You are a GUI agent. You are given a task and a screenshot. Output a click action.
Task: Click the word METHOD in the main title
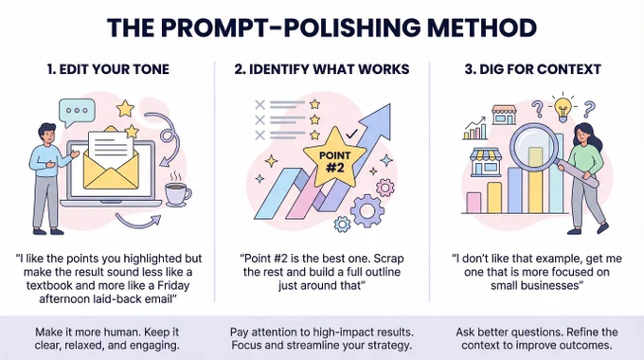tap(482, 27)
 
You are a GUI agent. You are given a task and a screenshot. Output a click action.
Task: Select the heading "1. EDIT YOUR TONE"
tap(108, 69)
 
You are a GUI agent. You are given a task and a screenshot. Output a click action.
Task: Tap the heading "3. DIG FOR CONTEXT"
tap(532, 69)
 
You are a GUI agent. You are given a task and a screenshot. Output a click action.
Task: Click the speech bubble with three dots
tap(77, 112)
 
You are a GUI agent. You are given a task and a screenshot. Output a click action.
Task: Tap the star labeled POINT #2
tap(334, 158)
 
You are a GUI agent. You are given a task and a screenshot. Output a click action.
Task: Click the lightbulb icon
tap(563, 108)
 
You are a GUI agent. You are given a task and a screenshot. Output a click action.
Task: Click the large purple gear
tap(367, 211)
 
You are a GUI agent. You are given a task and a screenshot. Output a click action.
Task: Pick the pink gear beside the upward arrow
tap(385, 188)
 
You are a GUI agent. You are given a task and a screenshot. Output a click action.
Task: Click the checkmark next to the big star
tap(351, 134)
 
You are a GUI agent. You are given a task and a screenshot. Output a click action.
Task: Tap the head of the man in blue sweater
tap(47, 134)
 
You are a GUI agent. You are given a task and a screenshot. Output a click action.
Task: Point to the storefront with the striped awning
tap(486, 162)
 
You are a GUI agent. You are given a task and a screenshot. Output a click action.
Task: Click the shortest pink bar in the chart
tap(474, 203)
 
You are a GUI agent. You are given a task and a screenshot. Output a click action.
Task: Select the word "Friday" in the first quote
tap(173, 285)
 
